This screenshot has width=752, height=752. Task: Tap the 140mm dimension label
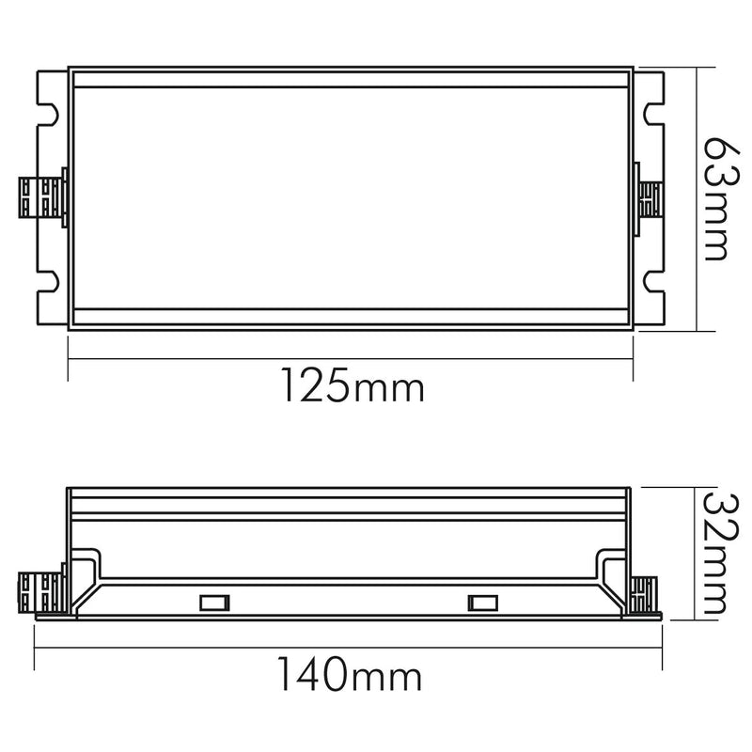(349, 674)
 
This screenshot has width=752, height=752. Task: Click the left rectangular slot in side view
(214, 603)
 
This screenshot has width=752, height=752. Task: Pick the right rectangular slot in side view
(482, 603)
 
